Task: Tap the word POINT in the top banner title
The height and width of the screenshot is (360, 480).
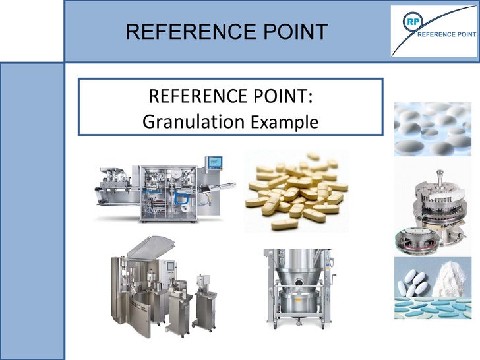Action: point(296,31)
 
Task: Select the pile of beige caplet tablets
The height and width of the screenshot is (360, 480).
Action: point(296,191)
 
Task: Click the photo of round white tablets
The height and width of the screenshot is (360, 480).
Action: point(433,129)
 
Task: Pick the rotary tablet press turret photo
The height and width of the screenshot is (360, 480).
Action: point(433,205)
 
